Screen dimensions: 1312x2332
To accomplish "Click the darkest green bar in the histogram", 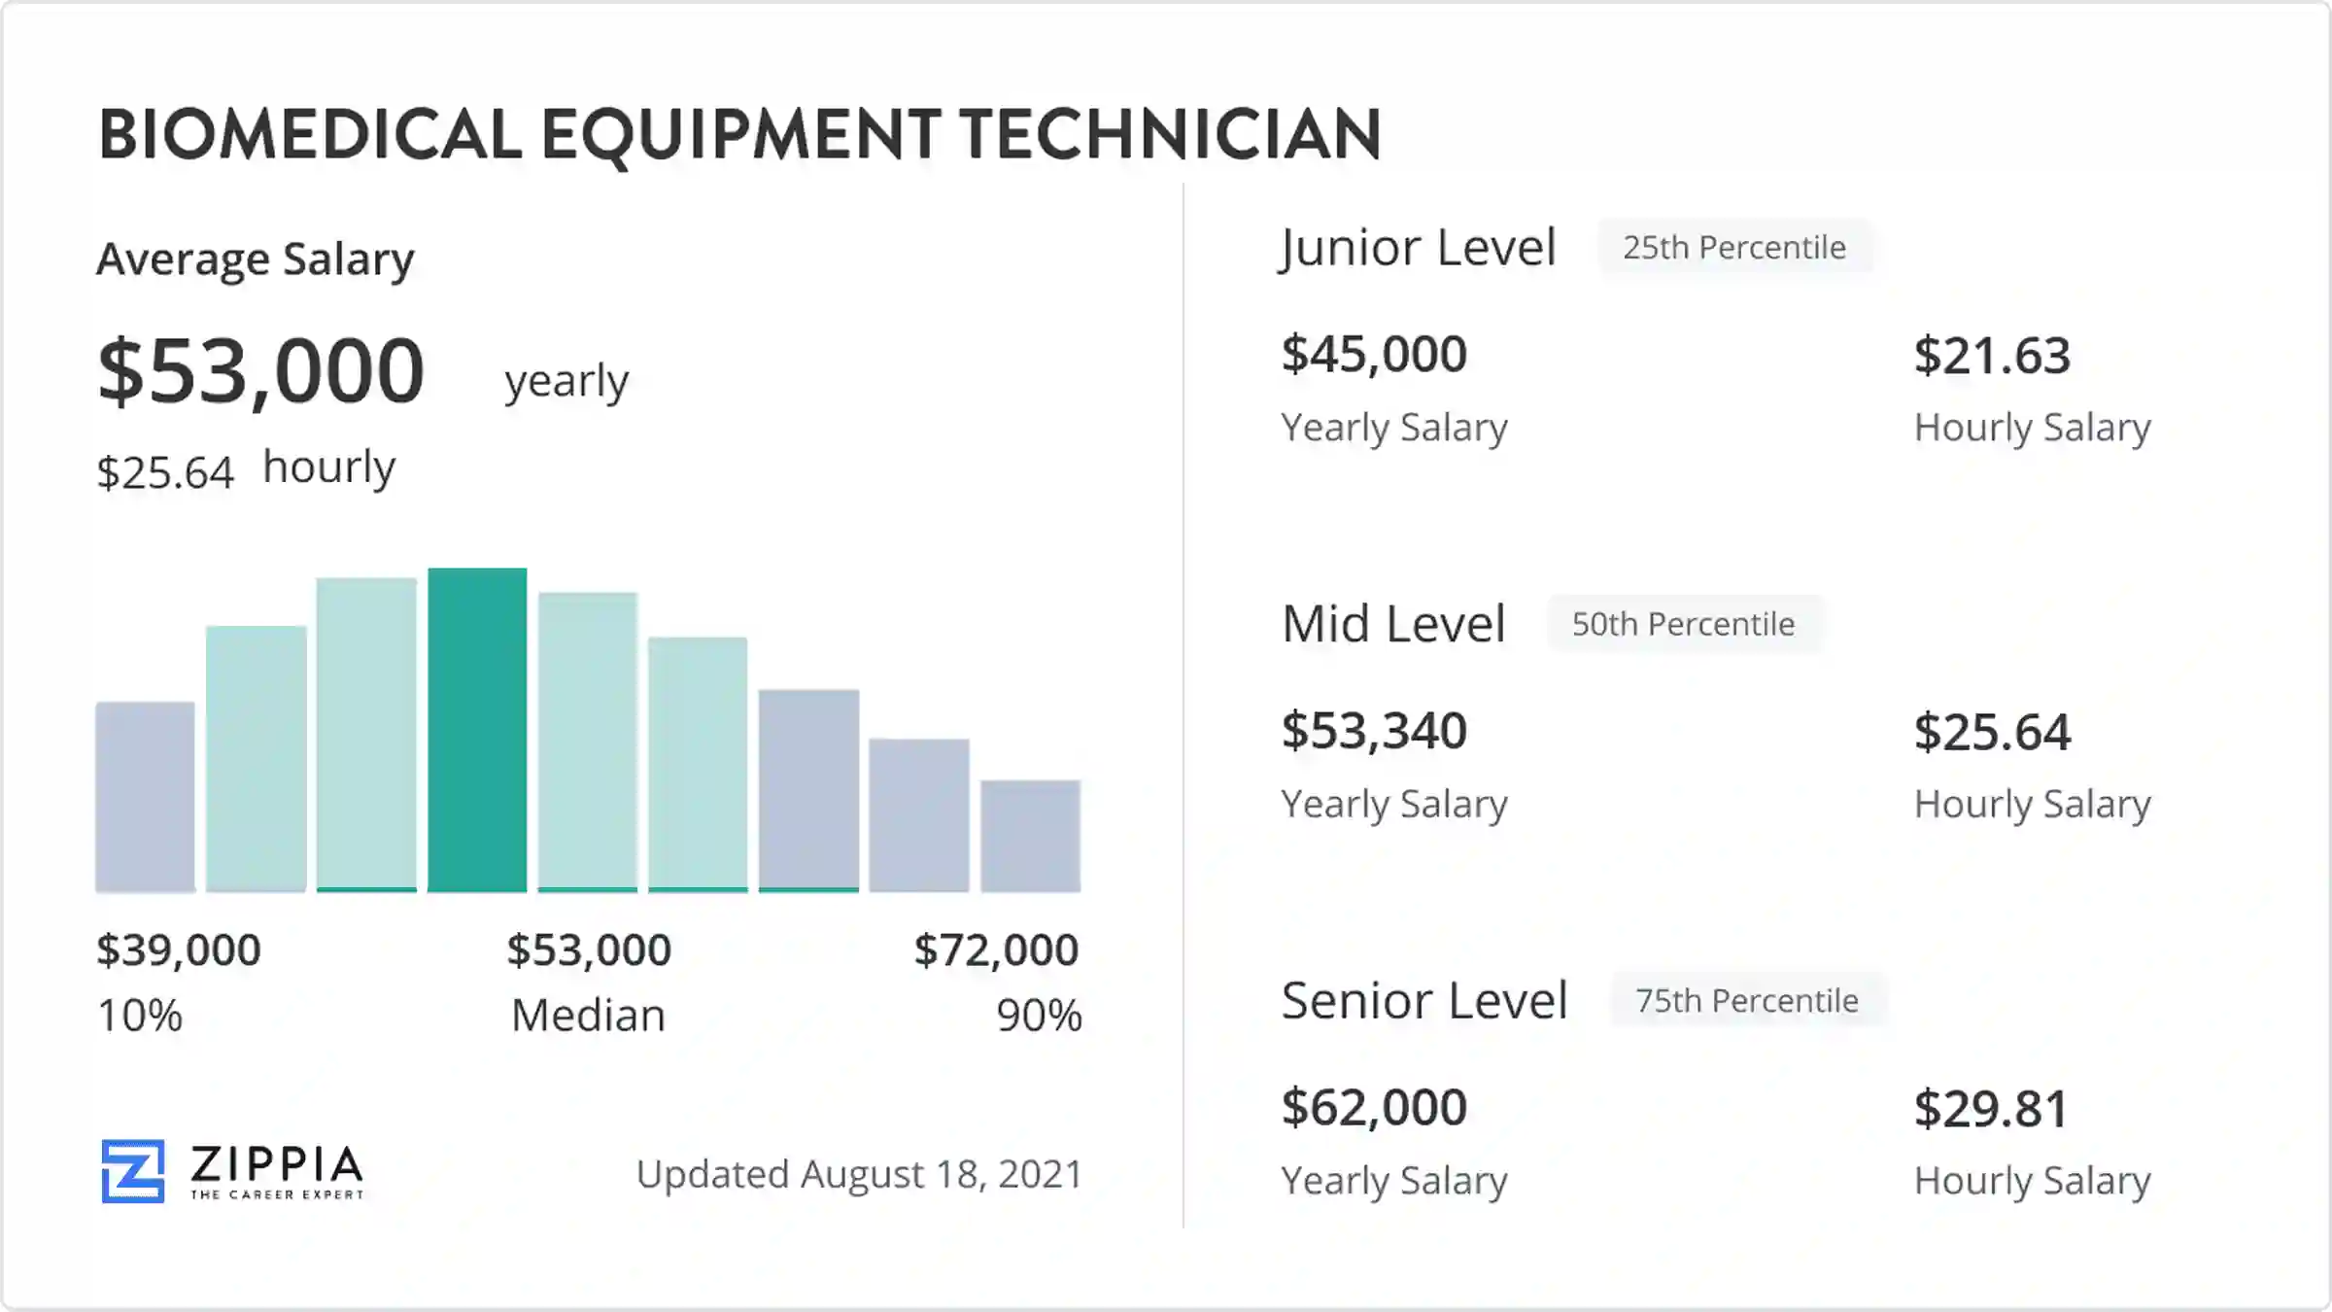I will [477, 729].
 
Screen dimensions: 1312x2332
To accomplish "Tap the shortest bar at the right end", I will [1030, 836].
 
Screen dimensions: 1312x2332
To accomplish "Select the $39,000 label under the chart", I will [179, 949].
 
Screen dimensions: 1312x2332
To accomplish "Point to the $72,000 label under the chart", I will [996, 949].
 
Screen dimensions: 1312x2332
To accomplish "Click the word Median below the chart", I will [589, 1016].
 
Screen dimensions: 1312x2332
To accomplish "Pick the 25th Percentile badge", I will [1734, 248].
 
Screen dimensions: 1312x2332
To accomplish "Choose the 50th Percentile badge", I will [1683, 624].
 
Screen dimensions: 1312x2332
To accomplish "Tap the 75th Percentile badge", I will [1747, 1000].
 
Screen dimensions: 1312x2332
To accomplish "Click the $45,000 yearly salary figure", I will [1374, 354].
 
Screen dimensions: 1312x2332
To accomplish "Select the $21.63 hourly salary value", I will [1992, 356].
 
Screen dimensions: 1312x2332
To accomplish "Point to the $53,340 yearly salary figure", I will [1374, 731].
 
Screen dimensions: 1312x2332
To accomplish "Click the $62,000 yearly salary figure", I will [1374, 1107].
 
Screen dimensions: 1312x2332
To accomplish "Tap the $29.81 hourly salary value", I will [1991, 1109].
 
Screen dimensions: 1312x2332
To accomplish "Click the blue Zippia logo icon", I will [133, 1171].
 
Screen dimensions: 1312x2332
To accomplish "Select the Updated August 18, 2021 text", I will [859, 1174].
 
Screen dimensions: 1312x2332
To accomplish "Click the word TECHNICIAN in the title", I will [1171, 134].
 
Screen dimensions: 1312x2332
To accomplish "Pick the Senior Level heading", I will [1424, 1000].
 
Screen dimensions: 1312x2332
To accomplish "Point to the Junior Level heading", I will [1419, 248].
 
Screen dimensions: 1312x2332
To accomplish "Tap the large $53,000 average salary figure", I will [261, 371].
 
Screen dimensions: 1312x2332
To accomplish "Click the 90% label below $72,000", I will [1039, 1016].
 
